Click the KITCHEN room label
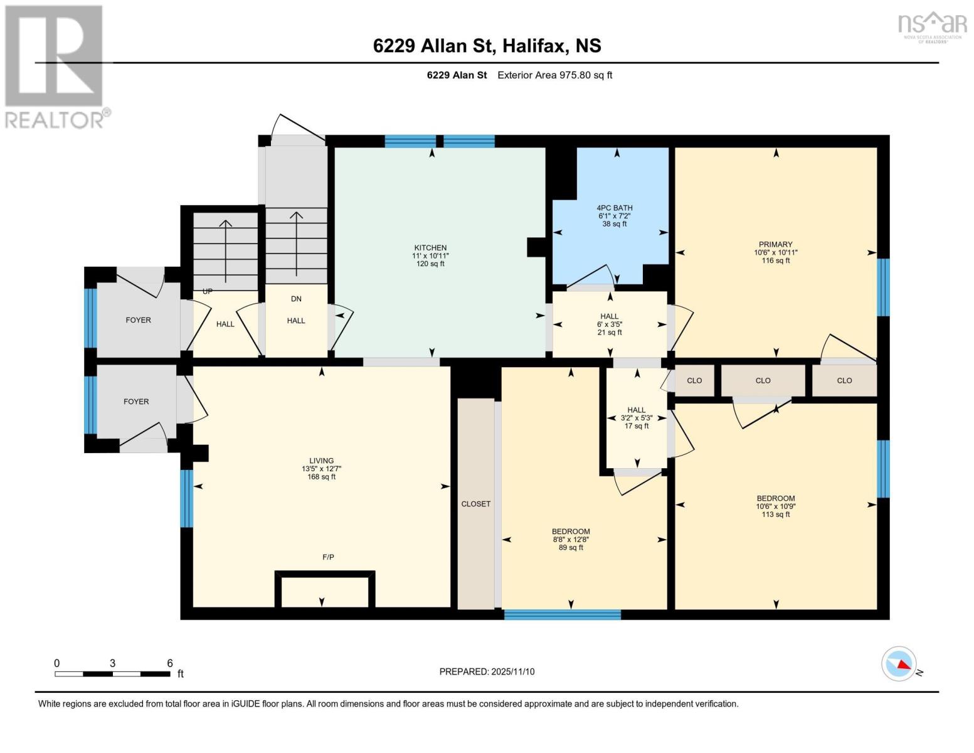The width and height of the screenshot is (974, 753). (430, 248)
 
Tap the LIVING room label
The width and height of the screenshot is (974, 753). (321, 461)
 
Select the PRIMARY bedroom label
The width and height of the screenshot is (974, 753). (776, 245)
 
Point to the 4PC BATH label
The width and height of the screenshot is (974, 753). (615, 208)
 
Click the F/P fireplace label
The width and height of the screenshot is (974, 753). (328, 557)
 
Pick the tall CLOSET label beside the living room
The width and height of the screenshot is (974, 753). (476, 504)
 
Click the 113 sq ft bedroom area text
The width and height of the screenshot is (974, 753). (776, 515)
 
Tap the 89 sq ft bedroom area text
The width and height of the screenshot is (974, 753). (571, 548)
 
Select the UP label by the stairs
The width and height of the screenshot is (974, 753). (207, 291)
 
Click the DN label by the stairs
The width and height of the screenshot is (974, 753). (296, 299)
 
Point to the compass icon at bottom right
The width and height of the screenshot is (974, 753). (898, 664)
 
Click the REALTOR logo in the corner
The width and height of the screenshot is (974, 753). (55, 66)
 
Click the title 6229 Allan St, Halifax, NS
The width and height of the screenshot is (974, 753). (487, 46)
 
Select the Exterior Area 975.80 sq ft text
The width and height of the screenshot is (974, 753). (554, 75)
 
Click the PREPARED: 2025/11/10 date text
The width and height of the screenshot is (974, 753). (487, 671)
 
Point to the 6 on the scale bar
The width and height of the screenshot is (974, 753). (169, 663)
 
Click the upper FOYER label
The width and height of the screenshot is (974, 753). (138, 320)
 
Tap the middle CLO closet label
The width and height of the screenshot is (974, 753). (763, 380)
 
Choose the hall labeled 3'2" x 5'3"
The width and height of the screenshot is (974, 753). (637, 418)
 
